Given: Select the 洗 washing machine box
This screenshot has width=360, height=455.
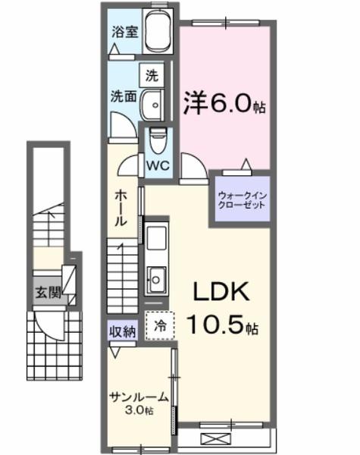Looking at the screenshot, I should [x=151, y=75].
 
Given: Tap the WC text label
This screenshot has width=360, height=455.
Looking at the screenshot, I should [x=159, y=164].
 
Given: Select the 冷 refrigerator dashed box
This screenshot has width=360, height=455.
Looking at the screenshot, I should [x=160, y=327].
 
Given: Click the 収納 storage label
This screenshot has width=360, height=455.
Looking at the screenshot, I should [x=121, y=331].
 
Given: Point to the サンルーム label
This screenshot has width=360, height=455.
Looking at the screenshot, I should [x=133, y=397].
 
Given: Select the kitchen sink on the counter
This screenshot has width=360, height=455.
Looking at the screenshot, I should [x=157, y=278].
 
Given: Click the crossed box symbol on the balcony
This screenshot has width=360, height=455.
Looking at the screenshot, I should [x=223, y=439].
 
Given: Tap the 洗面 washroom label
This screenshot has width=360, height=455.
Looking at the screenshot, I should [x=123, y=97].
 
